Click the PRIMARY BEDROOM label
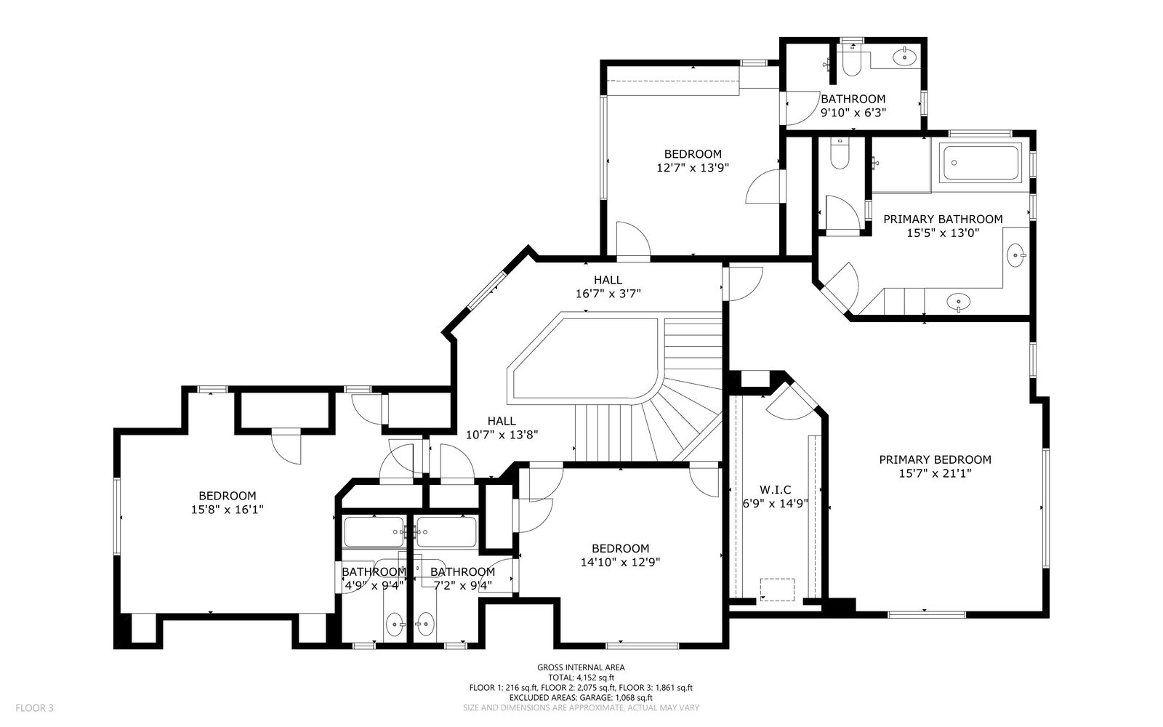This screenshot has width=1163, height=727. [935, 459]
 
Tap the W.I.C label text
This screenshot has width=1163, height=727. [775, 490]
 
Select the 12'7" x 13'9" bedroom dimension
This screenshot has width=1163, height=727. [693, 168]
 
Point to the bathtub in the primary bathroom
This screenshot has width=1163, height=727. [981, 163]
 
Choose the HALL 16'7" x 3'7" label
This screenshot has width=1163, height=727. [608, 286]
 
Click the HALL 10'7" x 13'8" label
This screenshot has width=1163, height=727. [502, 428]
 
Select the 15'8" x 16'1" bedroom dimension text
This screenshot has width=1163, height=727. [228, 510]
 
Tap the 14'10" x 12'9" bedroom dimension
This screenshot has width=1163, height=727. [621, 562]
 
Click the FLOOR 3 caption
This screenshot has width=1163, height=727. [34, 708]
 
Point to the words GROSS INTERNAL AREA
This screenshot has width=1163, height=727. [581, 668]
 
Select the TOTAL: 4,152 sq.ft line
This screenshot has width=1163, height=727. [581, 678]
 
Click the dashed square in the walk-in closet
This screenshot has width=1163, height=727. [777, 590]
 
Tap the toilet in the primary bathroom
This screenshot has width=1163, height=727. [840, 153]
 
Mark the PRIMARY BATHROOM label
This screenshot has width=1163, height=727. [943, 219]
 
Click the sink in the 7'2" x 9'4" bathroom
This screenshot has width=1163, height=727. [425, 624]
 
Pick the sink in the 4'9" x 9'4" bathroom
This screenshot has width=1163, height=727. [395, 624]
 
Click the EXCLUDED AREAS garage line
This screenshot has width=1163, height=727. [581, 698]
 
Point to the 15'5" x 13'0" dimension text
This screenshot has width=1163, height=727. [943, 233]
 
